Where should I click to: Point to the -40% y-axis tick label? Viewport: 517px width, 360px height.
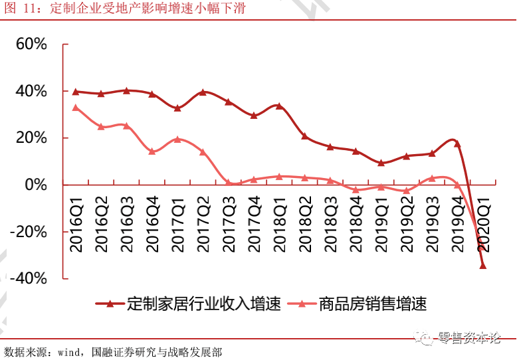point(29,278)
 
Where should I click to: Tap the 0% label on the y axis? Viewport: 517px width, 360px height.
point(36,185)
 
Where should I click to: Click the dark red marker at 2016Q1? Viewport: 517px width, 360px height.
point(76,92)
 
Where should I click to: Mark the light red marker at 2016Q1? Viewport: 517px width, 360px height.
point(76,108)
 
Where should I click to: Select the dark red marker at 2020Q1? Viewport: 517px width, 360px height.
point(483,266)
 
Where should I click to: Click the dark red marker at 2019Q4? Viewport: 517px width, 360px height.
point(457,143)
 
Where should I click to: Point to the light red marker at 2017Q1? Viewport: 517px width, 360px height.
point(177,139)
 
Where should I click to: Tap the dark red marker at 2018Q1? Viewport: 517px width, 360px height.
point(279,106)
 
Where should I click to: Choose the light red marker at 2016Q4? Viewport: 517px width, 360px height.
point(152,151)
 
